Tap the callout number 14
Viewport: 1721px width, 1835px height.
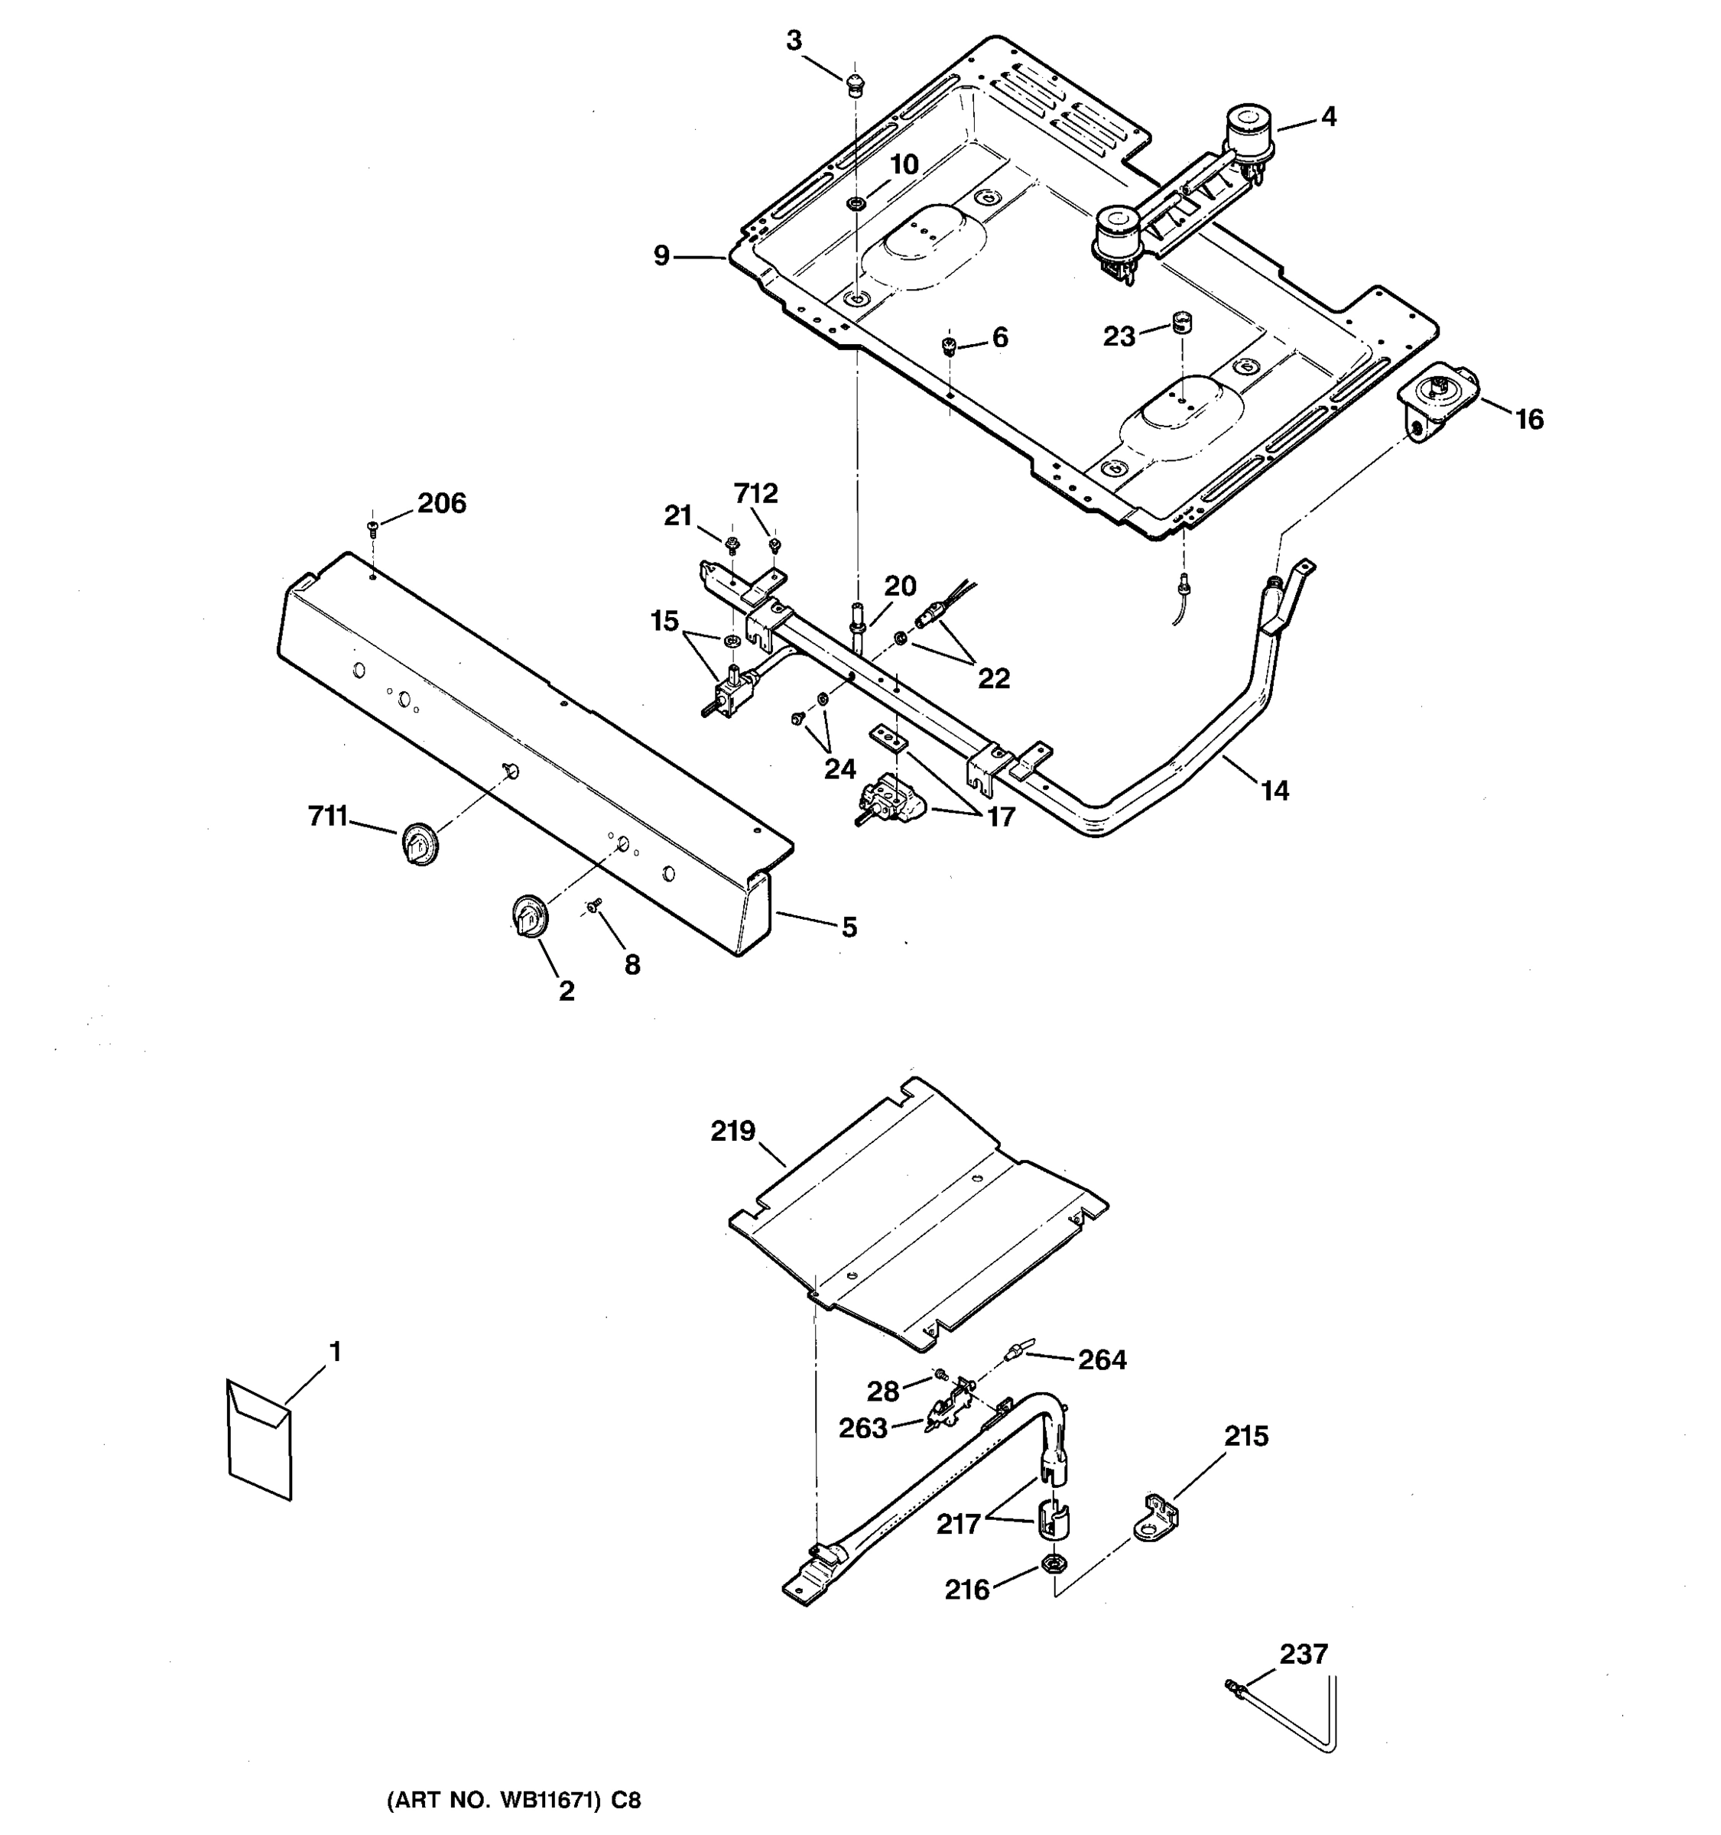pos(1275,790)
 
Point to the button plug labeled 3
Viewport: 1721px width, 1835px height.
pos(856,83)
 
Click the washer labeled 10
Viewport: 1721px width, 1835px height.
pos(856,202)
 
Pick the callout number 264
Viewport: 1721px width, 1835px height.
pos(1102,1360)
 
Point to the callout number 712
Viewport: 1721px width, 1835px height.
pos(756,494)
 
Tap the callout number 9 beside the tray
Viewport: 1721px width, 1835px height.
pos(661,255)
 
